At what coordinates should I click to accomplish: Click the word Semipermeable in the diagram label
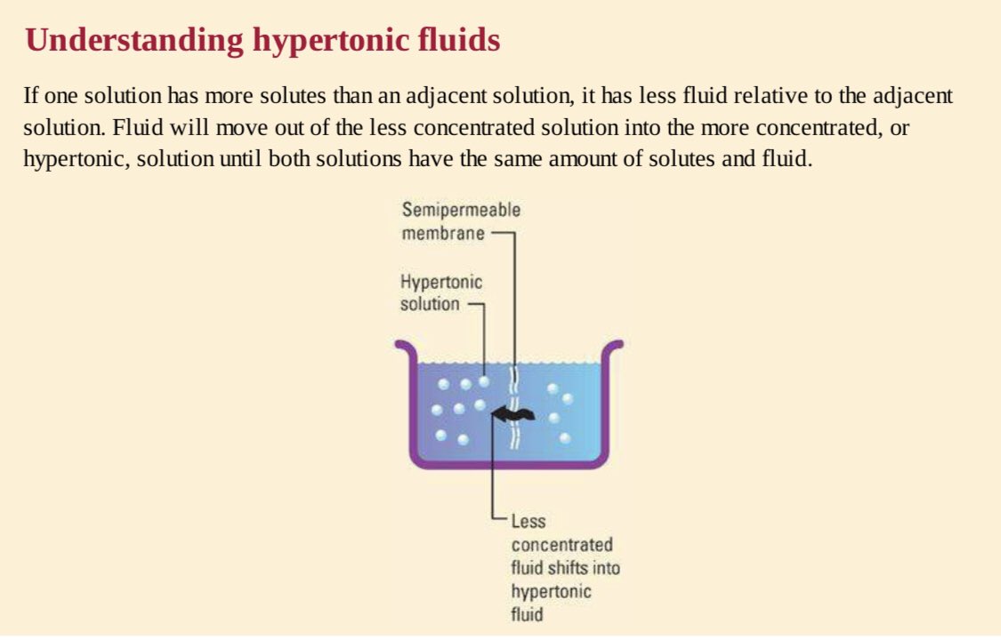(461, 211)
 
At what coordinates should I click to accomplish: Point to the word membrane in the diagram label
(443, 234)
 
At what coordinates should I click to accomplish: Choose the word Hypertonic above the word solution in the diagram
(441, 283)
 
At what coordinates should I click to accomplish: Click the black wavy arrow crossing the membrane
(513, 412)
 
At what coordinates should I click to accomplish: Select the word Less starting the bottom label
(528, 522)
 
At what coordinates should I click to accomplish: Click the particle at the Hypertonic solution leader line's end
(484, 380)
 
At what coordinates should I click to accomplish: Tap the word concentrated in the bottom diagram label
(561, 545)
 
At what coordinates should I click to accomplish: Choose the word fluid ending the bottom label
(527, 613)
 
